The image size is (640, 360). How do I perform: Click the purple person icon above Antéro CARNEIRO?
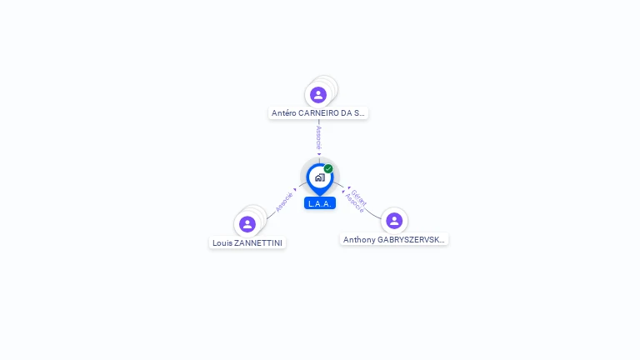point(317,95)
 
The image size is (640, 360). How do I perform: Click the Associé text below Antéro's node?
point(318,137)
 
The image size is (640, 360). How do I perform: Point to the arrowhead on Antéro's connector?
point(318,154)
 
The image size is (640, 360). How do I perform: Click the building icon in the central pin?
point(319,177)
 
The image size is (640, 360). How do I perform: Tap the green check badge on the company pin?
point(328,169)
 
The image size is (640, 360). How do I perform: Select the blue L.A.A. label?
point(320,203)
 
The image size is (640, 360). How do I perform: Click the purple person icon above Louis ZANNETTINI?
point(247,224)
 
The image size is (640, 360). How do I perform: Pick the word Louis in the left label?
point(222,243)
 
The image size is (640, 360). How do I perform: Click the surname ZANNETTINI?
point(258,243)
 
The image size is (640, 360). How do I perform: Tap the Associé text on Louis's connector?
point(284,202)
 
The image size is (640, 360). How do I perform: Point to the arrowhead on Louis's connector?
point(295,190)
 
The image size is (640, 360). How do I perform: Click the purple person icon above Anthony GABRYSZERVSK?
point(394,221)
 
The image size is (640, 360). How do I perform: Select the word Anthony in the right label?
point(359,240)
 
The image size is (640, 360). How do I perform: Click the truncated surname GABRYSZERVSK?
point(411,240)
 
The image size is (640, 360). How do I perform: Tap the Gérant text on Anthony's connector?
point(360,197)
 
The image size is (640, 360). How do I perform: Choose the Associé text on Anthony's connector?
point(354,204)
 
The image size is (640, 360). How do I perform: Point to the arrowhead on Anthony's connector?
point(347,190)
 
